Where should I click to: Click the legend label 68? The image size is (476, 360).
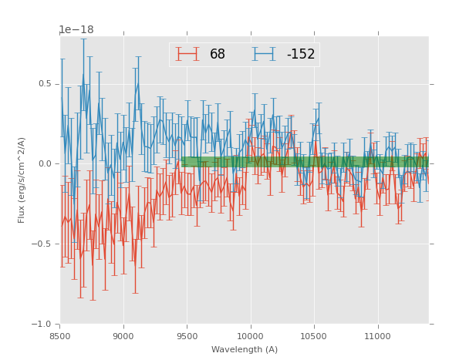point(218,55)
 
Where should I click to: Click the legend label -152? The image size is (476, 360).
point(300,55)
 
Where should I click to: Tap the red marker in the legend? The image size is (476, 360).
point(187,54)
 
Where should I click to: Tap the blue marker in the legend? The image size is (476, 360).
point(265,54)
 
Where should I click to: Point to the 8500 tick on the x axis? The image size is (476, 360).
point(60,335)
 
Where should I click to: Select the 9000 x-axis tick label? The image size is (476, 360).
point(123,335)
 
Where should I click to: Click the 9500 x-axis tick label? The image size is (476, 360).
point(187,335)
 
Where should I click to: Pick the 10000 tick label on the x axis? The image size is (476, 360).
point(251,335)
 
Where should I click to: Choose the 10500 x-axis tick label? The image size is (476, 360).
point(314,335)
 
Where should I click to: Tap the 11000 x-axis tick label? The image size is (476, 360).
point(377,335)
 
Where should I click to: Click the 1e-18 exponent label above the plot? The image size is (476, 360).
point(76,30)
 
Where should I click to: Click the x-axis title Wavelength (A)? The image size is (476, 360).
point(245,349)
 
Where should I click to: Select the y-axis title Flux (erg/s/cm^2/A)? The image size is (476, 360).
point(22,180)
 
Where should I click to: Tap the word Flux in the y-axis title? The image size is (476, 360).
point(22,215)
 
